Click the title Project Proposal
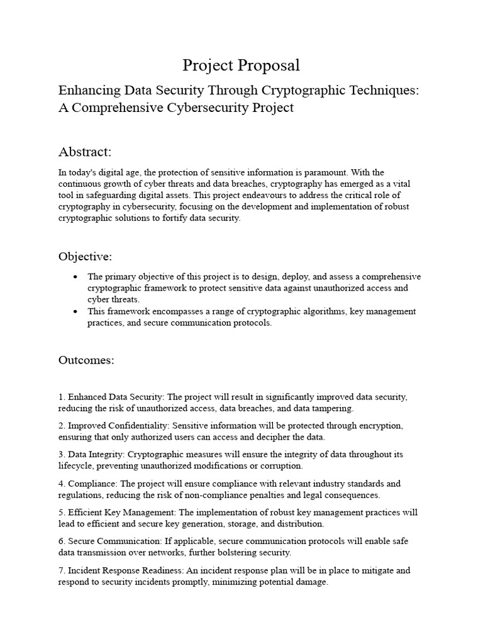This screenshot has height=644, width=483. tap(241, 65)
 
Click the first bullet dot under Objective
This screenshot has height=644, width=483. tap(75, 277)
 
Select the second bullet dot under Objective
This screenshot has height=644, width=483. tap(75, 311)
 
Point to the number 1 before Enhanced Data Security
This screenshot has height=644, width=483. tap(61, 397)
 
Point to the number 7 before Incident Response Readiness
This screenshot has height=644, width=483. tap(61, 570)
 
